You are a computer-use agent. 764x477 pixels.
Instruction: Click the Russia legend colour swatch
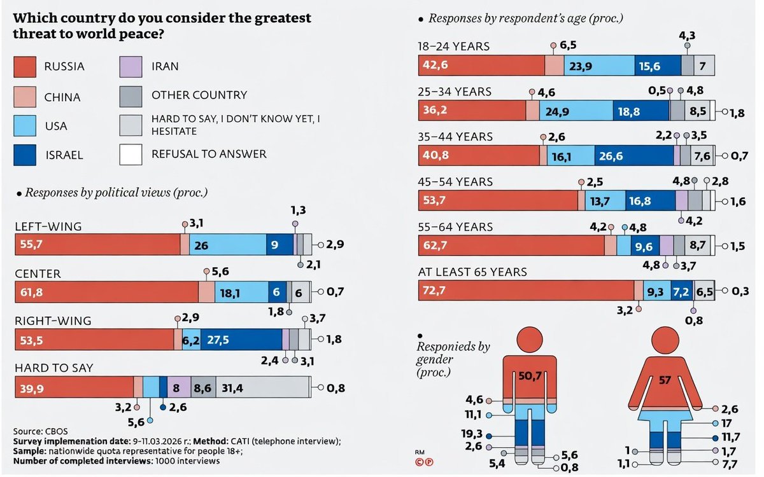(25, 66)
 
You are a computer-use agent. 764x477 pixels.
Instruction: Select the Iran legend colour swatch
(131, 66)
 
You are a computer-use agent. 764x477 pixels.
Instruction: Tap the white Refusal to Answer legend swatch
(131, 154)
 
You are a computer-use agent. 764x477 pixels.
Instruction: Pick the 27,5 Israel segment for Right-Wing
(241, 340)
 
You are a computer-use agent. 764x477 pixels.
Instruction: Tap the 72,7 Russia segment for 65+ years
(526, 290)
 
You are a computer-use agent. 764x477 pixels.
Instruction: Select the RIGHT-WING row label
(53, 321)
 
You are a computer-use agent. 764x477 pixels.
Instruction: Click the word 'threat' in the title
(36, 33)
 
